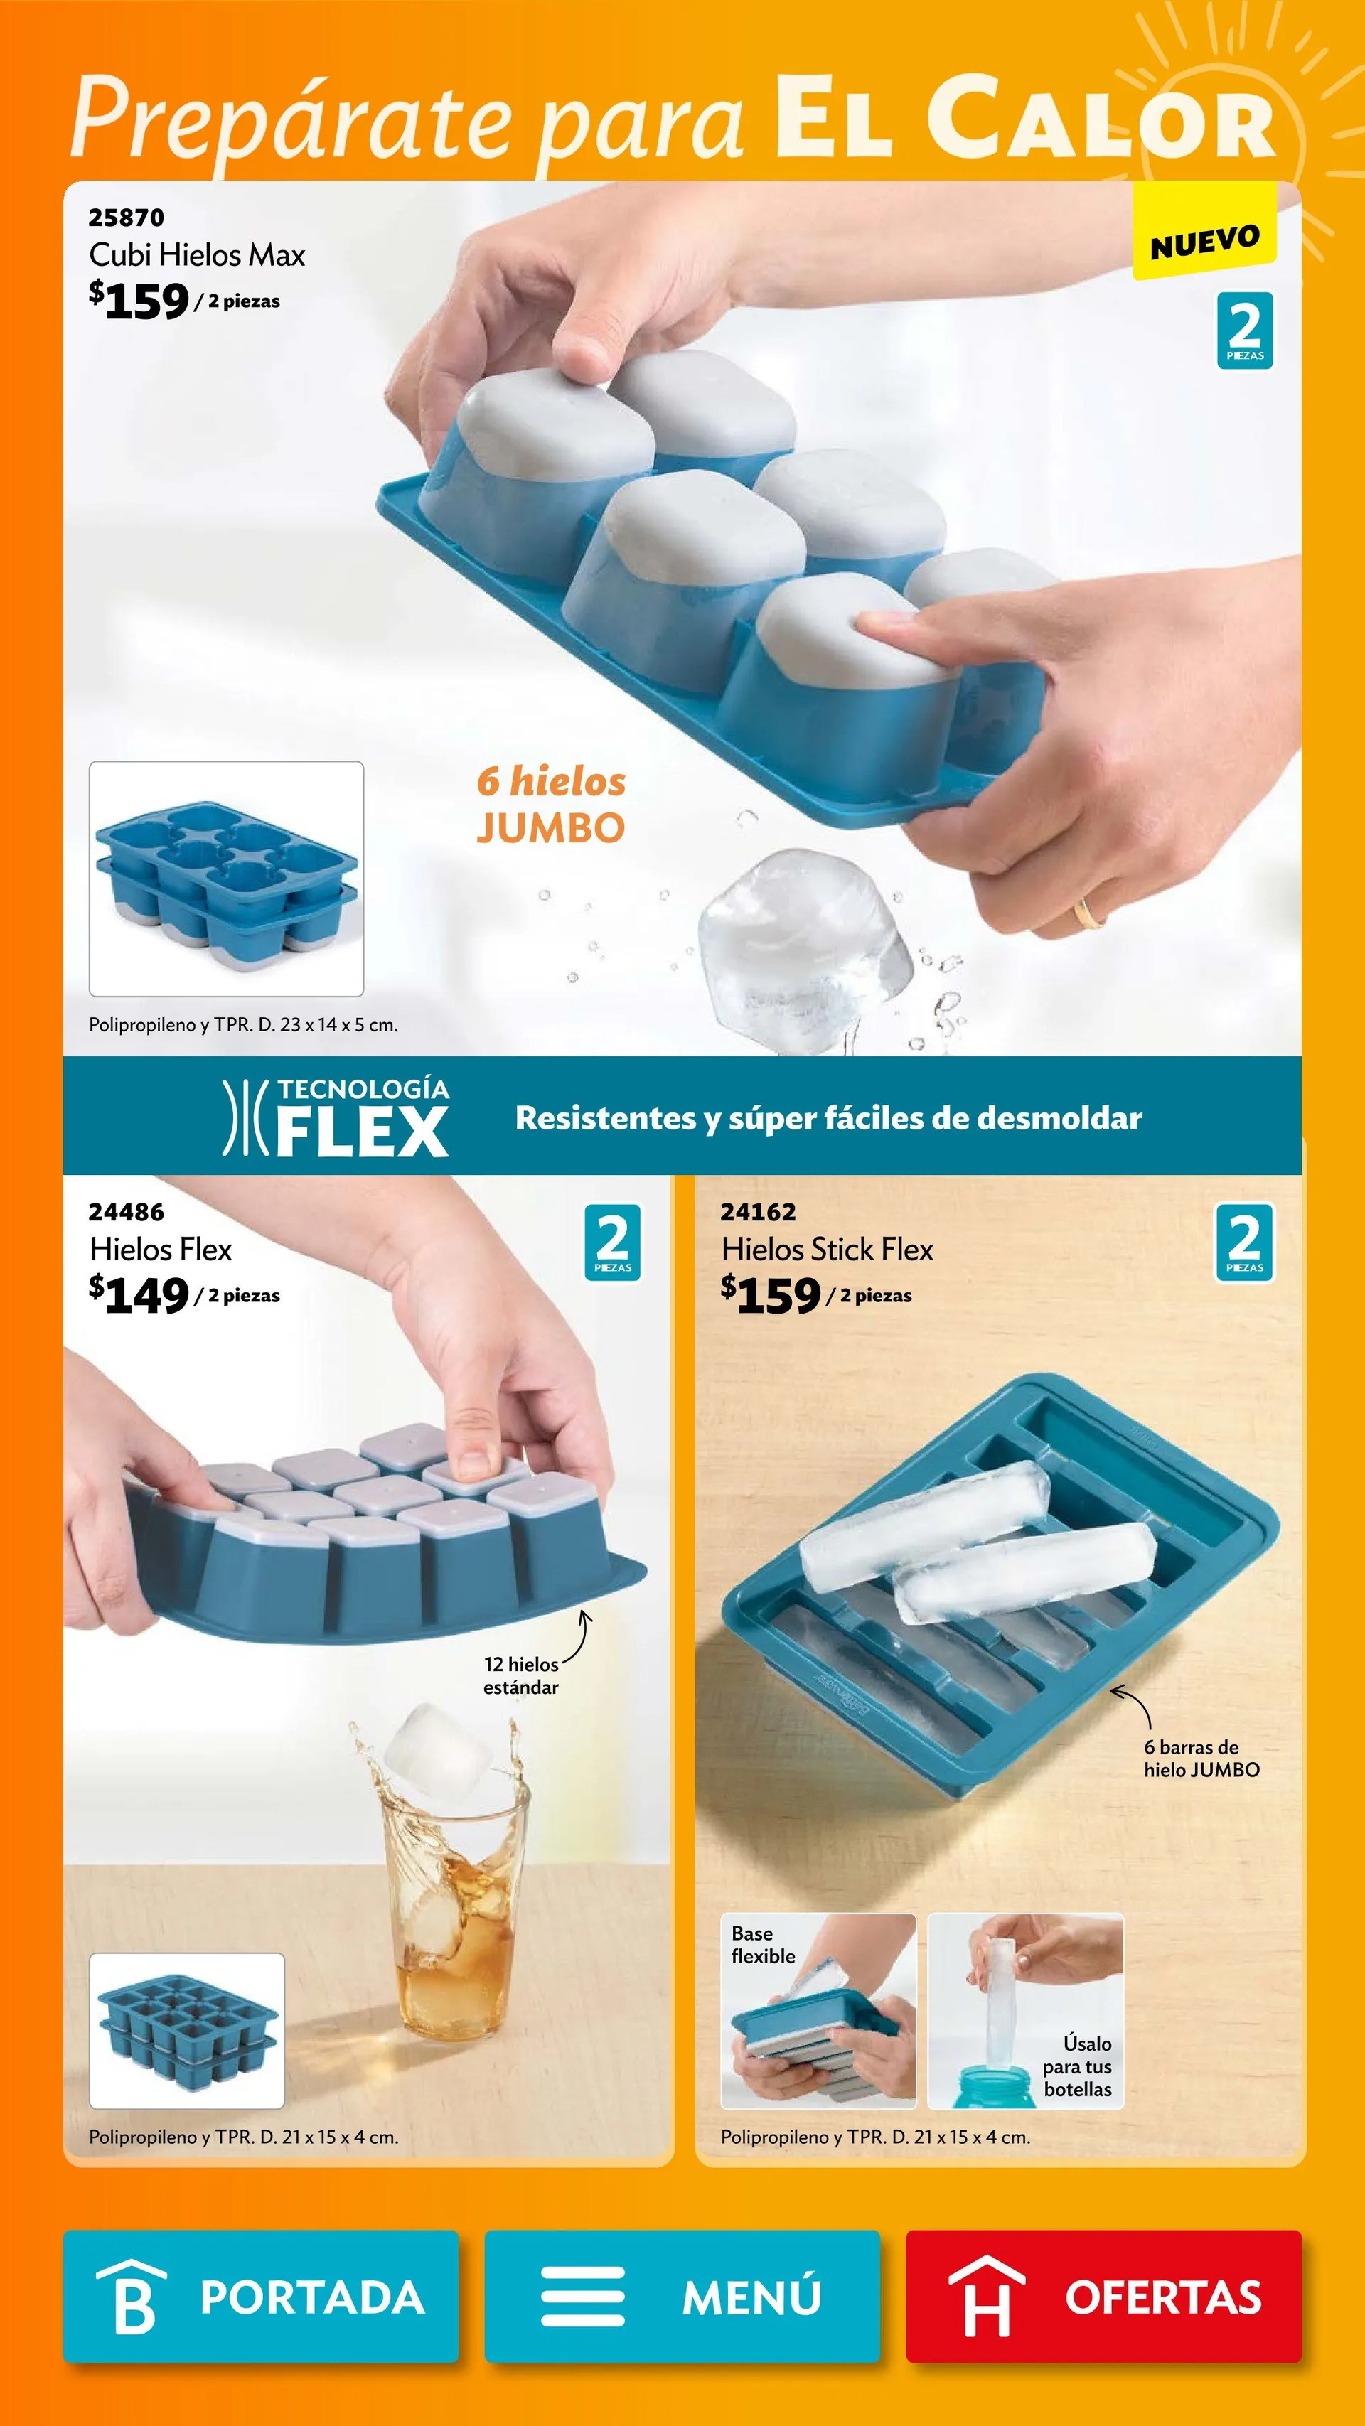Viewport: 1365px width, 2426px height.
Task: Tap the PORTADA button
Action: (261, 2296)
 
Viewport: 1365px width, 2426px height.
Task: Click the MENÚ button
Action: (682, 2296)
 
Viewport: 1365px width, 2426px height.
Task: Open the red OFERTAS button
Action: (1103, 2296)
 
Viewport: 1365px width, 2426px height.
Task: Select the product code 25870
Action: (127, 218)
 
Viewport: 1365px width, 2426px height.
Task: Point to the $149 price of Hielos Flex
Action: (139, 1296)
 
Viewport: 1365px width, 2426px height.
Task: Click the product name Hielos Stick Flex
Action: (826, 1250)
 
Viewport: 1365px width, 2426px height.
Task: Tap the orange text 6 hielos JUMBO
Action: (550, 804)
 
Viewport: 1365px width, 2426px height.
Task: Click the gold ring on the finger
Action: (1090, 912)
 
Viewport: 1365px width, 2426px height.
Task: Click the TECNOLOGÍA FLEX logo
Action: (336, 1118)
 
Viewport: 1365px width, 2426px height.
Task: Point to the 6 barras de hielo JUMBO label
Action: (1201, 1759)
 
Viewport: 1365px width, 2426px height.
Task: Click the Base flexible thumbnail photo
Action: (818, 2011)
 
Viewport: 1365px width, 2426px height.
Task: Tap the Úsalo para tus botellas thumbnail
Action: (1025, 2011)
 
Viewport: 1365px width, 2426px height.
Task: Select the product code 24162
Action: (759, 1212)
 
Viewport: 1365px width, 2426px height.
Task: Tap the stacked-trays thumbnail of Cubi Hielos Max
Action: (226, 879)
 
